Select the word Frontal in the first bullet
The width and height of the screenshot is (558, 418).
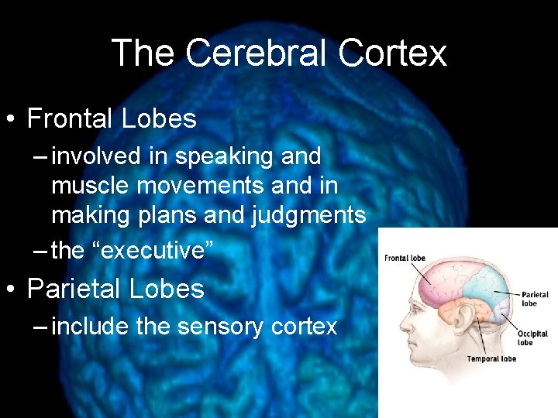(x=71, y=118)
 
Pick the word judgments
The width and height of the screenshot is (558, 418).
(x=308, y=214)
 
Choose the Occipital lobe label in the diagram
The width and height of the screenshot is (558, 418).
(x=532, y=338)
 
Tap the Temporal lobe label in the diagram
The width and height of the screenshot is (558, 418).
(x=491, y=359)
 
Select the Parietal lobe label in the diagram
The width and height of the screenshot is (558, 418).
(x=535, y=298)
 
